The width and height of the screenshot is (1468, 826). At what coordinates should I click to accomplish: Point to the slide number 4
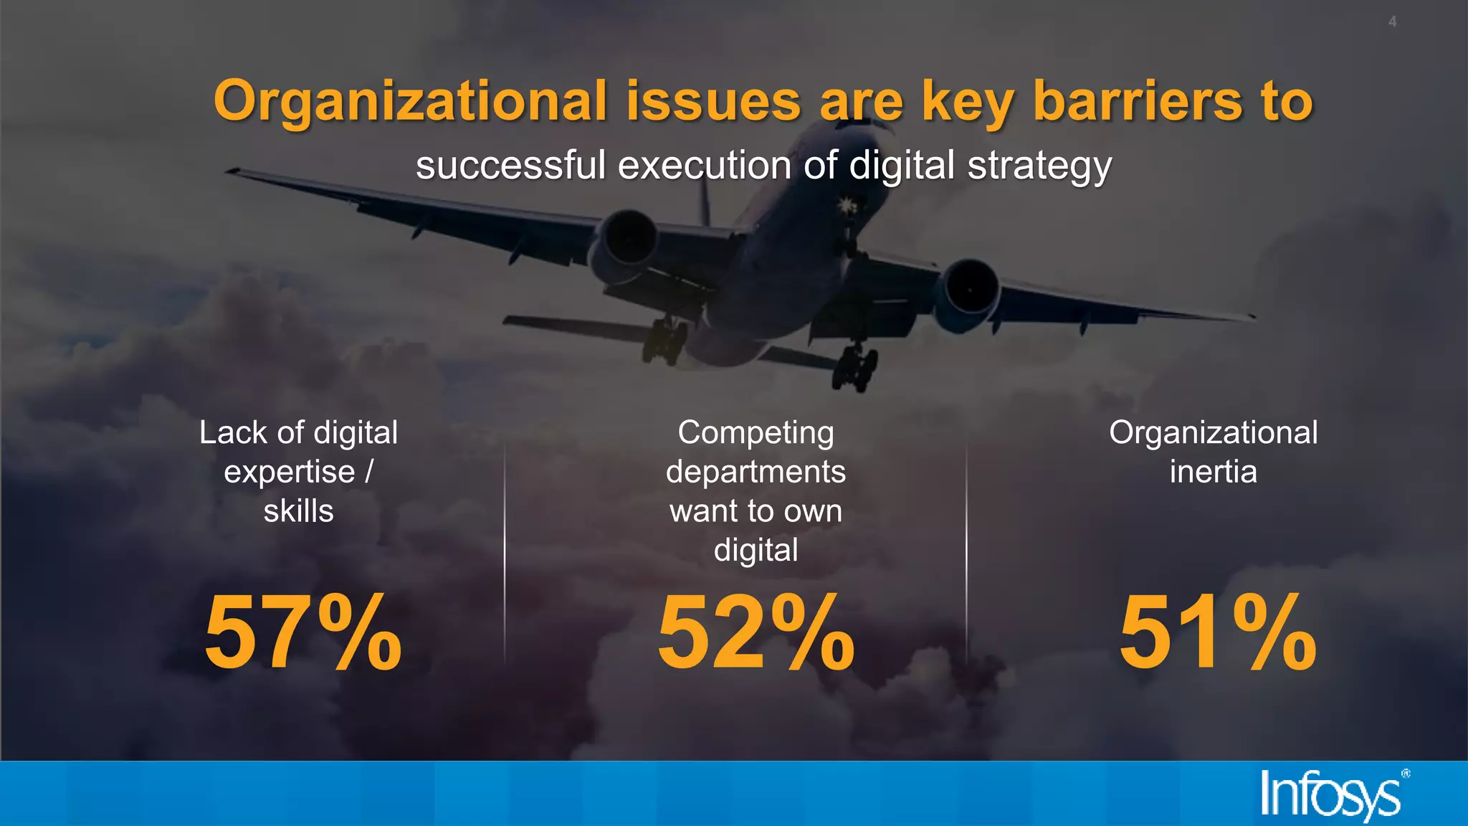pos(1392,22)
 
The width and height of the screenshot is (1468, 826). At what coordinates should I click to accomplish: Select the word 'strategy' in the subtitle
pos(1039,166)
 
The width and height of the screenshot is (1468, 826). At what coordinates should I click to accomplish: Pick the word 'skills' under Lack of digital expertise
pos(298,511)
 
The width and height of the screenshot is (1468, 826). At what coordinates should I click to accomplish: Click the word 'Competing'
pos(756,433)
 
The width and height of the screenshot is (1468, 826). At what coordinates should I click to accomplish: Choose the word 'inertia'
pos(1213,472)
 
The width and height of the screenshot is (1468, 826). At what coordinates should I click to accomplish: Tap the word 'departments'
pos(756,473)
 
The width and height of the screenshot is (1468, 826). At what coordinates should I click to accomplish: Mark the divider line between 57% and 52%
pos(505,552)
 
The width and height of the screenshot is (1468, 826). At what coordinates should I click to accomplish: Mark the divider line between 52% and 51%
pos(966,552)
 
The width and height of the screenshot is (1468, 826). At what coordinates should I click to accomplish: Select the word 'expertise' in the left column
pos(289,473)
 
